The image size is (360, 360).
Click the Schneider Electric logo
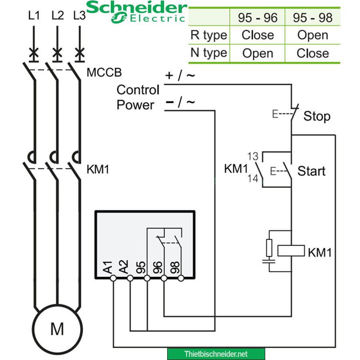pos(136,12)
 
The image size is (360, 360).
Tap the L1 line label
pos(34,16)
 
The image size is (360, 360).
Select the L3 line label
pos(80,16)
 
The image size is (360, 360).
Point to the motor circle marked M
pos(57,329)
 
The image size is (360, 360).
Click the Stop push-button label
pos(317,116)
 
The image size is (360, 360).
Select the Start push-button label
pos(311,171)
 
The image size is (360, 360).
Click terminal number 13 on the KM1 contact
pos(253,156)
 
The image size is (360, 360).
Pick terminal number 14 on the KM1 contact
pos(253,179)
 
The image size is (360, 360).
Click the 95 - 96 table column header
pos(258,18)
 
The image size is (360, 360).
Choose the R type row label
pos(209,35)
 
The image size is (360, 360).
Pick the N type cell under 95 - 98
pos(312,53)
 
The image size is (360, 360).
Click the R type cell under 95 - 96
pos(258,35)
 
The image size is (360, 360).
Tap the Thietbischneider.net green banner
pos(216,354)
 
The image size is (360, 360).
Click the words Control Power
pos(138,97)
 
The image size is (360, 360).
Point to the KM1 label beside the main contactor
pos(98,169)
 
